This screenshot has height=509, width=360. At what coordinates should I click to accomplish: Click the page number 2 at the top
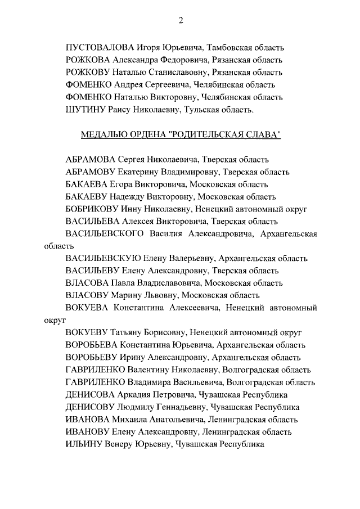pyautogui.click(x=181, y=20)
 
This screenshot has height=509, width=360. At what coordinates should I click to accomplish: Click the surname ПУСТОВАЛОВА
pyautogui.click(x=99, y=47)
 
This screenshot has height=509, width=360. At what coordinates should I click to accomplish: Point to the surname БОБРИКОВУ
pyautogui.click(x=92, y=209)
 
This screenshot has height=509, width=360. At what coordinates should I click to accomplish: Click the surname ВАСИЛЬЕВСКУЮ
pyautogui.click(x=102, y=259)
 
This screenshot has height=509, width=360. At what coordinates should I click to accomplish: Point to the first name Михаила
pyautogui.click(x=129, y=420)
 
